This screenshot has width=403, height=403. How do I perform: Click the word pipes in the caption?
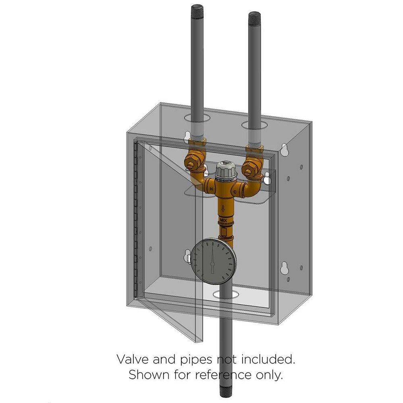tap(198, 359)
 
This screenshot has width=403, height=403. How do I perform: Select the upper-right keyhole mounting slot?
tap(284, 149)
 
